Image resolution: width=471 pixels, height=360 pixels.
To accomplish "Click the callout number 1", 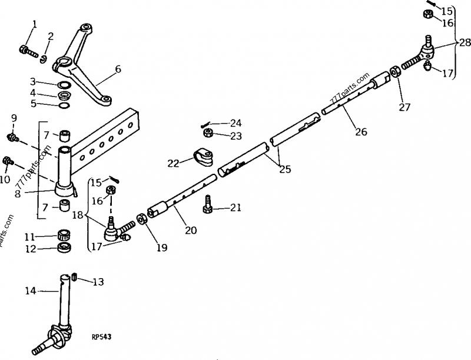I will tap(34, 24).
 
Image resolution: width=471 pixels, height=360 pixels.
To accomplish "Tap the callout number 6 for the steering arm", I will tap(118, 69).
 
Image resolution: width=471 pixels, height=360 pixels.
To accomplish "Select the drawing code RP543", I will tap(102, 336).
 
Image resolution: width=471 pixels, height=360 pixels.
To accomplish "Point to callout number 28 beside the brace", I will tap(465, 42).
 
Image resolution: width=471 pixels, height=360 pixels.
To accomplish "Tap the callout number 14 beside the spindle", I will tap(31, 290).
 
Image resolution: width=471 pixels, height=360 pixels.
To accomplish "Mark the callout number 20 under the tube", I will tap(190, 230).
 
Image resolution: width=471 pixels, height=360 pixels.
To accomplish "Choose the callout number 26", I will tap(361, 132).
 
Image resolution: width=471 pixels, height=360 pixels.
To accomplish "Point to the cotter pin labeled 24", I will tap(207, 124).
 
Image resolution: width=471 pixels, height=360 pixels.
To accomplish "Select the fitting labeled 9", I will tap(10, 138).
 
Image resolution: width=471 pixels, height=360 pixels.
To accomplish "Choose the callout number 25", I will tap(284, 169).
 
